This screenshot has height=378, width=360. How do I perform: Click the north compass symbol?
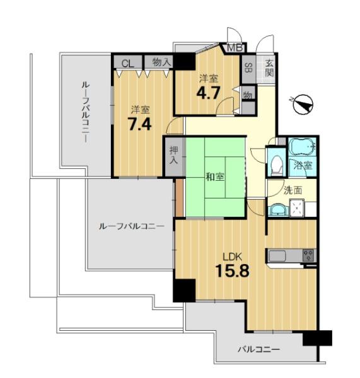[x=303, y=105]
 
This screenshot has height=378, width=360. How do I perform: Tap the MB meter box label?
[x=235, y=48]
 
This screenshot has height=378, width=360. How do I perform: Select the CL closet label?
[x=127, y=64]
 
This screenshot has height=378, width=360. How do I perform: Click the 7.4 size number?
[x=139, y=125]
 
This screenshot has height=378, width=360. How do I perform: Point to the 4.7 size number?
[x=208, y=93]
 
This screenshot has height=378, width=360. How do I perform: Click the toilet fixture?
[x=277, y=165]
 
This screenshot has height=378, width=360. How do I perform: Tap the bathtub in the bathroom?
[x=303, y=147]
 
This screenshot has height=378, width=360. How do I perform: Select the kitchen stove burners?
[x=308, y=255]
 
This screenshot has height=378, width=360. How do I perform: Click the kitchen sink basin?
[x=277, y=256]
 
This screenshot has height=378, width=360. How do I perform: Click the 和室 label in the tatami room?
[x=215, y=177]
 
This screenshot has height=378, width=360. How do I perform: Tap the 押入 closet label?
[x=174, y=156]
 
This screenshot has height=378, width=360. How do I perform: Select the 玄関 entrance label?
[x=269, y=68]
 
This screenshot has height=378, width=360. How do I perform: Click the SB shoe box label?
[x=248, y=67]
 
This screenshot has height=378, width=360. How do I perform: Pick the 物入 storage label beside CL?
[x=161, y=62]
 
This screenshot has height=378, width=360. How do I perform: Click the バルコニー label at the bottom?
[x=259, y=349]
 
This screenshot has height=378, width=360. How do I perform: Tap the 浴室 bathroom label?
[x=303, y=165]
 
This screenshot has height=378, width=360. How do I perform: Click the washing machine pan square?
[x=296, y=207]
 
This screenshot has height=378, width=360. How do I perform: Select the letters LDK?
[x=232, y=257]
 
